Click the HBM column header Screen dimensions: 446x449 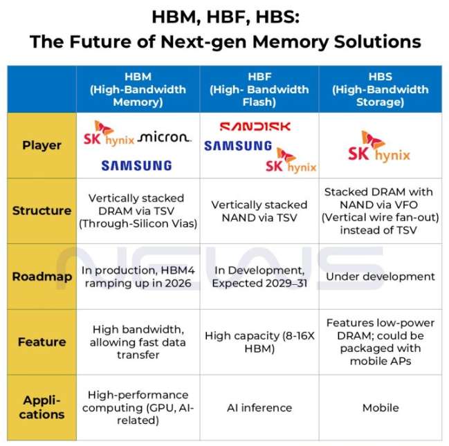(x=138, y=89)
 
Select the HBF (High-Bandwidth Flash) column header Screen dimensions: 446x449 (x=259, y=89)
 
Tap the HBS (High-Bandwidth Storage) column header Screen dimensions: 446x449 (x=381, y=89)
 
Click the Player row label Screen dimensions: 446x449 (x=42, y=145)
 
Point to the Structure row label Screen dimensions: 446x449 (x=42, y=211)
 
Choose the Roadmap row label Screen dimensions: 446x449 (x=42, y=277)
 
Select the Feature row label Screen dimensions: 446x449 (x=42, y=342)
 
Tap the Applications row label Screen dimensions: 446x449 (x=42, y=408)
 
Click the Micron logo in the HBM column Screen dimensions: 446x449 (x=164, y=138)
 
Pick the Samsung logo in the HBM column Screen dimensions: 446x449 (x=136, y=165)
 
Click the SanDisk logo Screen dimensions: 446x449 (x=255, y=127)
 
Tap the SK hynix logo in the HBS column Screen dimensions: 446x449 (x=379, y=147)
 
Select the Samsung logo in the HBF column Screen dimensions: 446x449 (x=238, y=146)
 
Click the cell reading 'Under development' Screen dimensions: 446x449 (x=381, y=277)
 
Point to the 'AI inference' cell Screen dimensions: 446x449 (x=259, y=408)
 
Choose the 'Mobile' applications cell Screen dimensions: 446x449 (x=381, y=408)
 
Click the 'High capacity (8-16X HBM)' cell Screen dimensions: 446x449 (x=259, y=342)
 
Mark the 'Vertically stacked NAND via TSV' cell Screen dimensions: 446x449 (x=259, y=211)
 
